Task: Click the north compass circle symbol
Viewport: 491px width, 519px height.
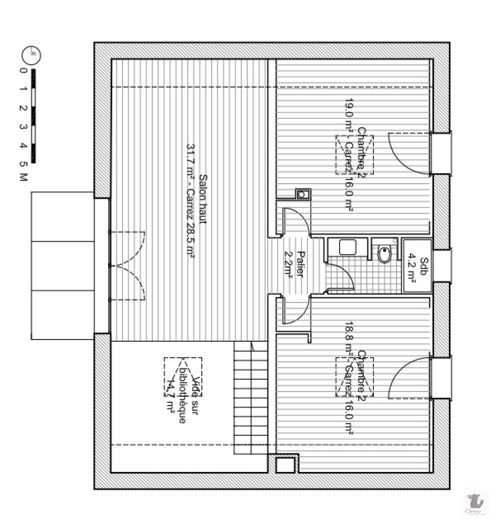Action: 31,56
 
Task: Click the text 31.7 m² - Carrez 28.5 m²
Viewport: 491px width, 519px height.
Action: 190,201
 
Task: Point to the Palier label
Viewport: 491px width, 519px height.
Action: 301,264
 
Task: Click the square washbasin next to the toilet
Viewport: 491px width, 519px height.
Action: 348,247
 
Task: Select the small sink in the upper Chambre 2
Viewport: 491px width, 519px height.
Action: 303,194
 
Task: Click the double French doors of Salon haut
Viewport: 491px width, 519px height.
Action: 127,266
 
